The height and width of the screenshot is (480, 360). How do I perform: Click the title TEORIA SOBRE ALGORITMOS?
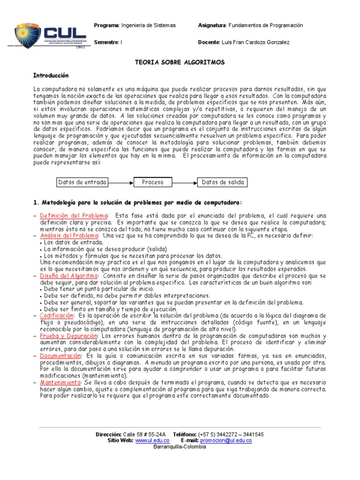180,62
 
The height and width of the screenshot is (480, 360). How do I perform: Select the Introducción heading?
51,75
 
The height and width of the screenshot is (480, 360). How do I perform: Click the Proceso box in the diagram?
153,182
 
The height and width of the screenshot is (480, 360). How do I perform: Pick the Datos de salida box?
223,182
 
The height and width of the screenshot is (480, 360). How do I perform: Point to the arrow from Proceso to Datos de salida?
185,182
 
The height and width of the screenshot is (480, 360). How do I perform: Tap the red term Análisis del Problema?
69,235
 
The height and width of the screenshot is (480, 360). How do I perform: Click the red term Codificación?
54,316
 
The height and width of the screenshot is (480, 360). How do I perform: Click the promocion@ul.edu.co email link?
226,441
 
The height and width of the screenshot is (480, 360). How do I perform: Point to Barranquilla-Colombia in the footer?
180,447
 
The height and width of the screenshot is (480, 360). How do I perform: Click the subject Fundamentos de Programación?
266,25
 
